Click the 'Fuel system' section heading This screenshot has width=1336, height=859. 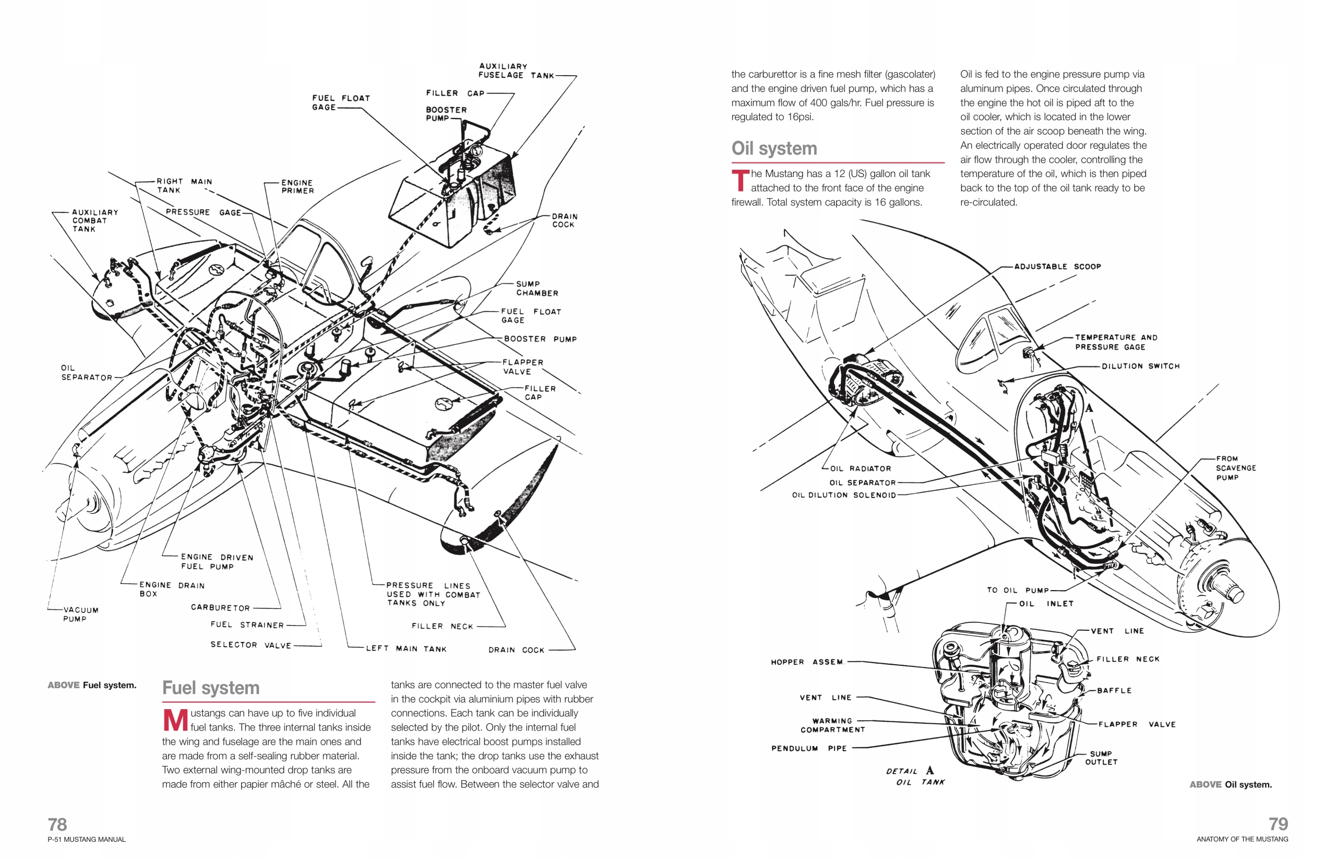pos(211,688)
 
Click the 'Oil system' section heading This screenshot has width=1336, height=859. pos(773,148)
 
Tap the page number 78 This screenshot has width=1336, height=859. pos(57,825)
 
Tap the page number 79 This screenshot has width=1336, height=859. pos(1278,824)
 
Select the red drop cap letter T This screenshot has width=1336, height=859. pos(739,181)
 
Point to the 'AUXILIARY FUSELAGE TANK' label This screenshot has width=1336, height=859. pos(516,71)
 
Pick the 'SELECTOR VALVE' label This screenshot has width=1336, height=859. pos(251,645)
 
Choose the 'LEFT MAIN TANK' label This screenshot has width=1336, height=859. pos(407,649)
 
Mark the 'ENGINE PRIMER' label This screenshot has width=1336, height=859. pos(297,186)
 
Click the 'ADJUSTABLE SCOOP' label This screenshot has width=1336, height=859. pos(1057,267)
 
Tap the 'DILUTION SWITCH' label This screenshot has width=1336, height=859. pos(1140,366)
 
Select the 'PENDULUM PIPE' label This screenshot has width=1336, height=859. pos(809,749)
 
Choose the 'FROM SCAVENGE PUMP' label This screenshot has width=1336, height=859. pos(1235,468)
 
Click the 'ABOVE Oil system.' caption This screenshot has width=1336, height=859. pos(1230,784)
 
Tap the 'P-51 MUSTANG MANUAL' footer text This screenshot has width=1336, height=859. pos(87,840)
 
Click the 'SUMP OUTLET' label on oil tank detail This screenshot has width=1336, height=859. pos(1101,758)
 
